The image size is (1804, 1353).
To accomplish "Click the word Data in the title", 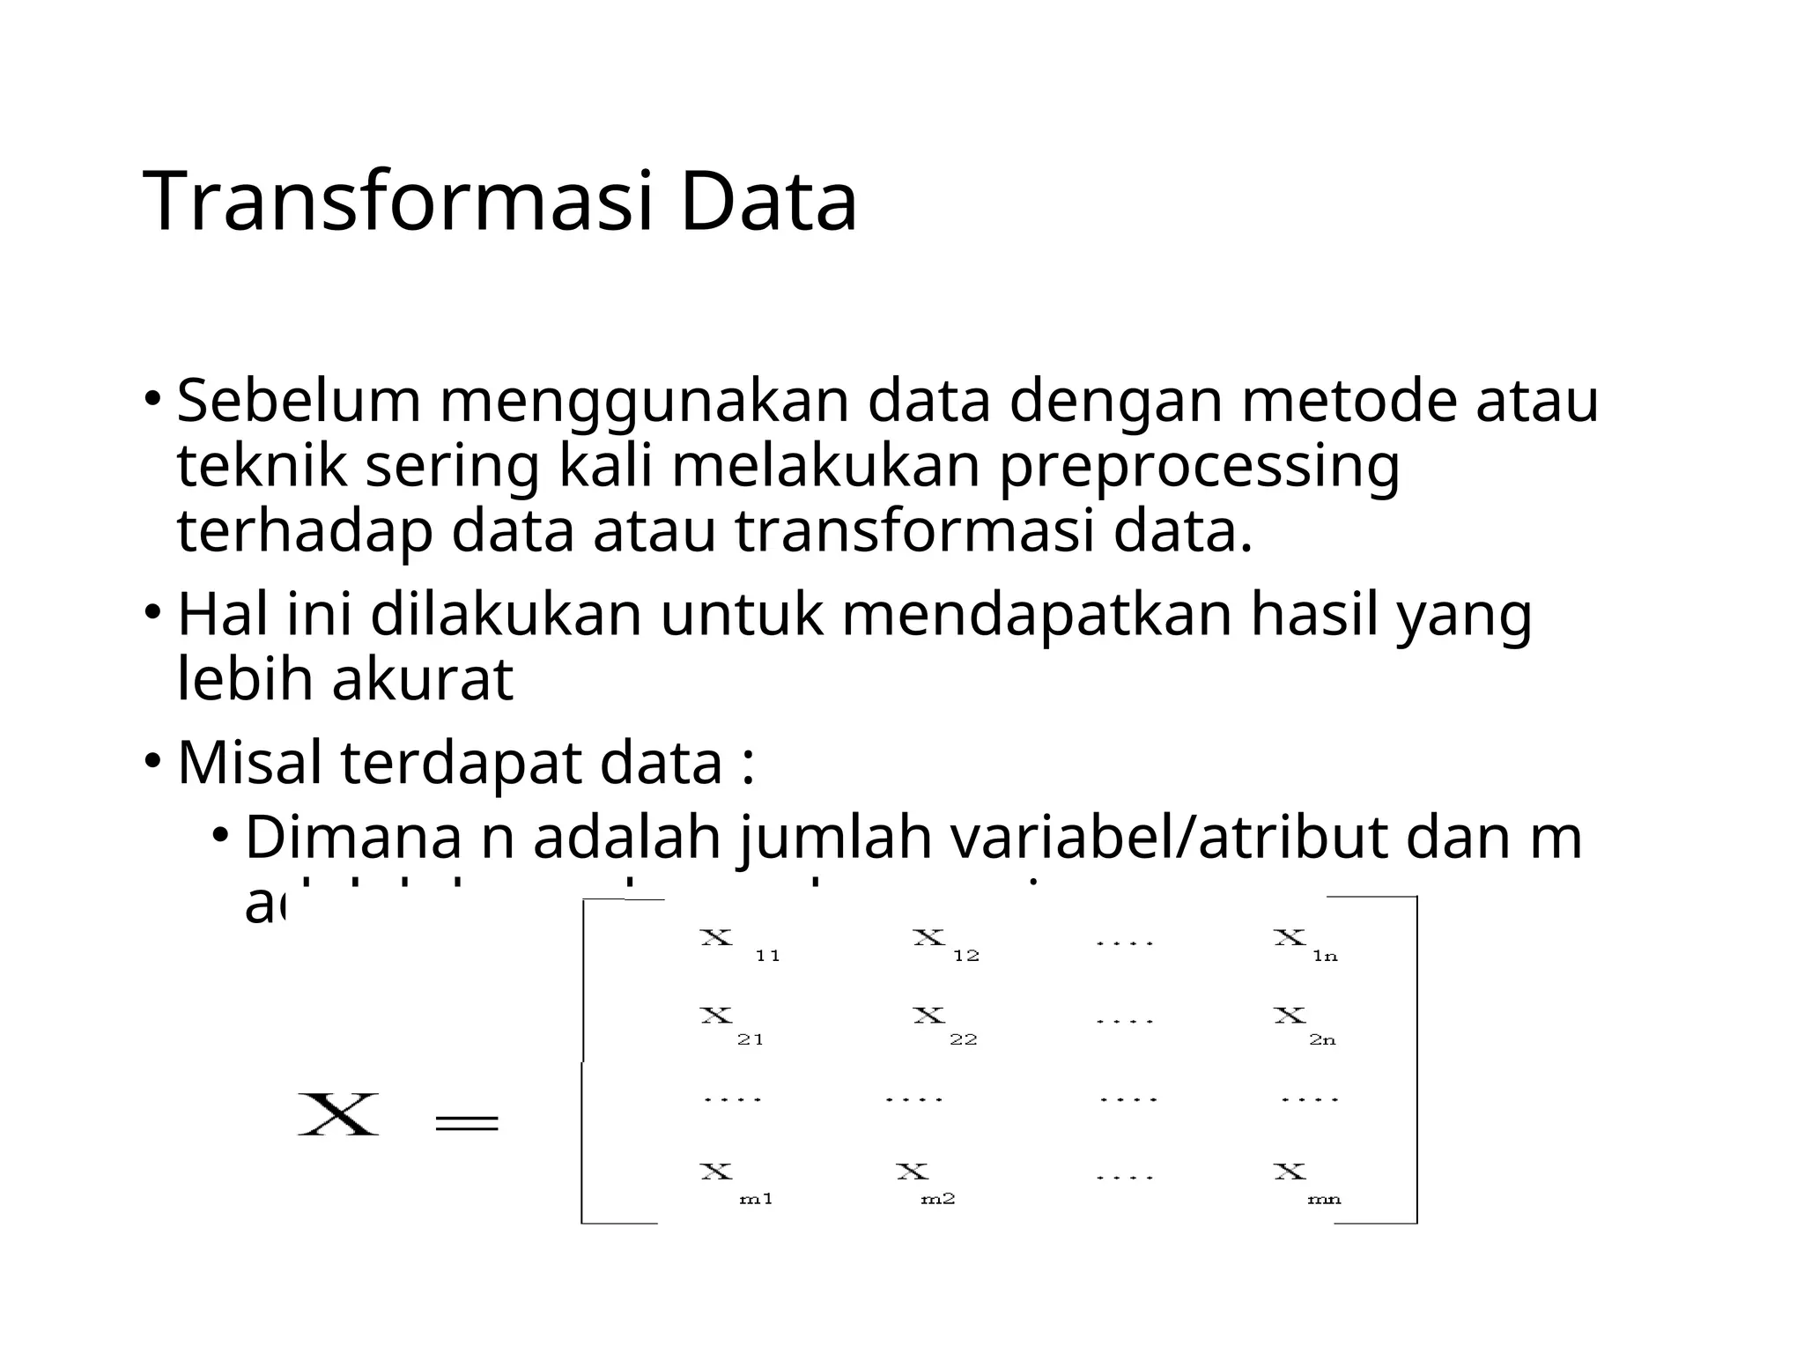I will (768, 202).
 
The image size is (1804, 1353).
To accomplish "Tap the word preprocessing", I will (1199, 466).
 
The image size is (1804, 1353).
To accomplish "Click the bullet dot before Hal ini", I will (153, 610).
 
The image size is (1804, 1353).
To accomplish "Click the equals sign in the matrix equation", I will (467, 1122).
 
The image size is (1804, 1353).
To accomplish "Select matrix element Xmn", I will (1305, 1182).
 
